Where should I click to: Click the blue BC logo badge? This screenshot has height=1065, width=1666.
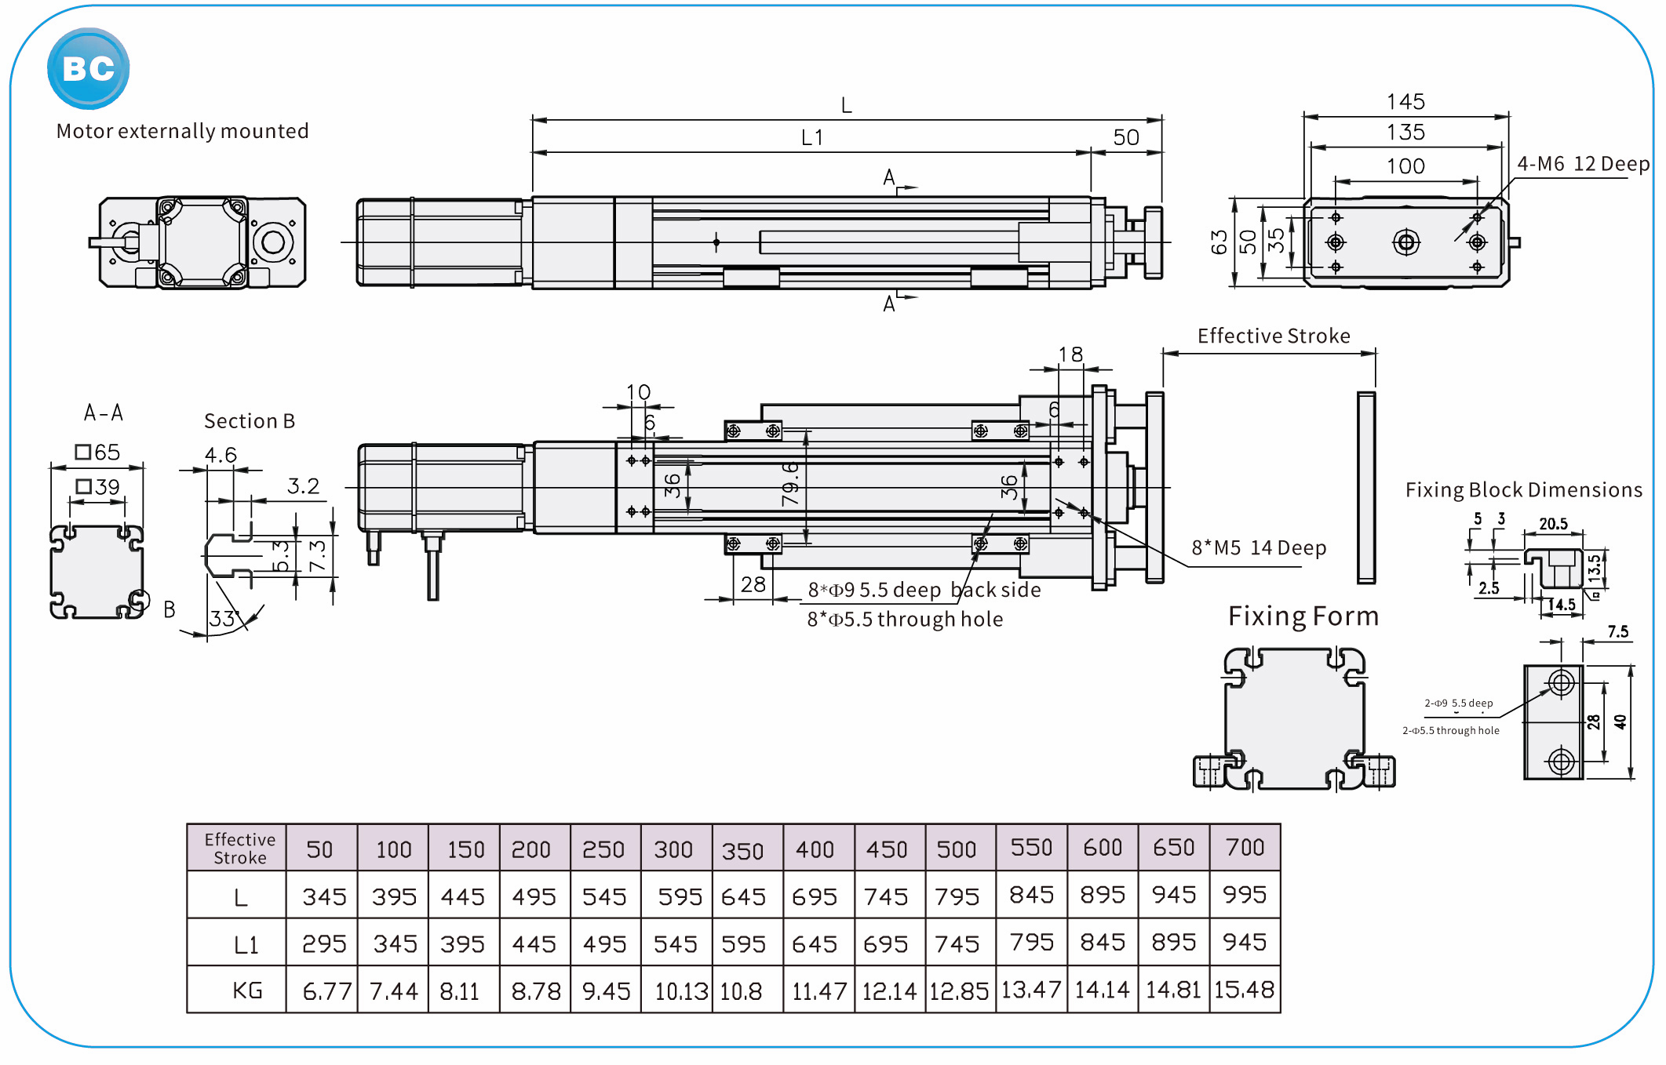[88, 69]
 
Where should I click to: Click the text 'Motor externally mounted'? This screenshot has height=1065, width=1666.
[182, 131]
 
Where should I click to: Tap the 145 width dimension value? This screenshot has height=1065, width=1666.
[1405, 102]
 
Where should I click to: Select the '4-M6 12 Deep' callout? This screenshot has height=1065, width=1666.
[1582, 164]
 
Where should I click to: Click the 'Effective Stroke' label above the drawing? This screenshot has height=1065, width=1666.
[1273, 336]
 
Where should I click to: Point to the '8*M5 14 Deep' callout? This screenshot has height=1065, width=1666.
[1258, 548]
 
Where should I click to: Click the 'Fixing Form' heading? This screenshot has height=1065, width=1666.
[1303, 616]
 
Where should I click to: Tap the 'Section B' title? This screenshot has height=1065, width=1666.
[249, 421]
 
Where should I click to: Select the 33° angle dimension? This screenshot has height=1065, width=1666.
[224, 619]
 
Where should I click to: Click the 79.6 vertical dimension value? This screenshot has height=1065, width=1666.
[790, 483]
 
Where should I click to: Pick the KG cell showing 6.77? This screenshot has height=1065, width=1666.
[326, 991]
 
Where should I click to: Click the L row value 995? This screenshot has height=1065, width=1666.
[1244, 895]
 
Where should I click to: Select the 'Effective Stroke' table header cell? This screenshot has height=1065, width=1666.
[239, 849]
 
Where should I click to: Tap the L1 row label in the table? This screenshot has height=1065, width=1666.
[246, 945]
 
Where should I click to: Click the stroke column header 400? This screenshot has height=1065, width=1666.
[815, 849]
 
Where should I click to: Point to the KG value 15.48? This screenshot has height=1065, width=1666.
[1244, 990]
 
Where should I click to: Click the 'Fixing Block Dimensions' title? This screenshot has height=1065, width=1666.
[1523, 490]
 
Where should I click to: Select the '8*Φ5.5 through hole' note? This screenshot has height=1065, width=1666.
[904, 620]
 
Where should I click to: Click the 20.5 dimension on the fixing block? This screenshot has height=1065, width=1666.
[1553, 524]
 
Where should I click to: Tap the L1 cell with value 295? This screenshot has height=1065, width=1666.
[324, 943]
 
